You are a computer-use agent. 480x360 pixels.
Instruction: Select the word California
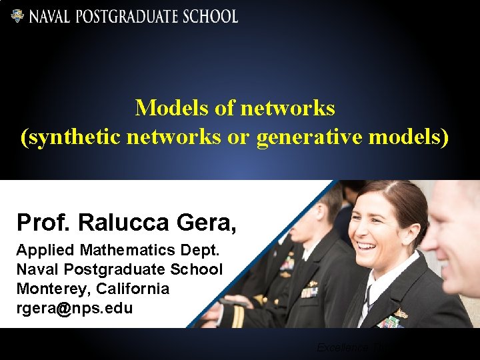click(133, 289)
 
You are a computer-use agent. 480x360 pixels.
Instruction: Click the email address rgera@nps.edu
click(75, 308)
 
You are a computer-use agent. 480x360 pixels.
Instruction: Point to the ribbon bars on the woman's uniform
click(390, 323)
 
